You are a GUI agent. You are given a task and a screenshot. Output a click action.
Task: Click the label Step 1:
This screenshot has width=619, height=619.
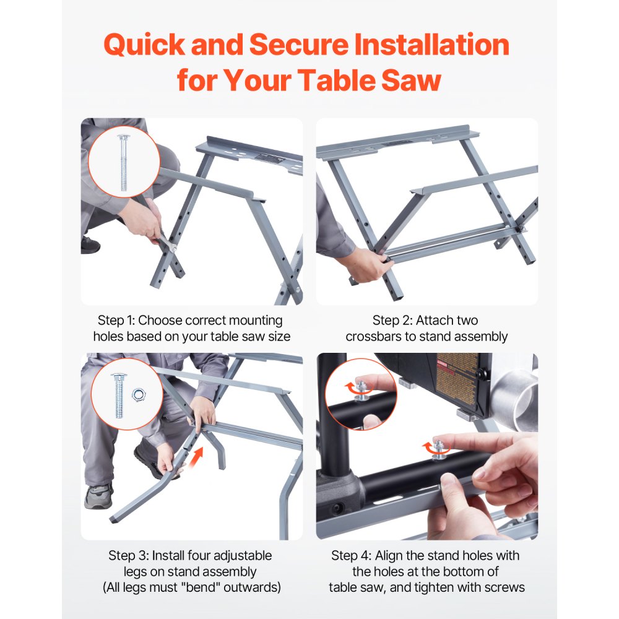pos(116,321)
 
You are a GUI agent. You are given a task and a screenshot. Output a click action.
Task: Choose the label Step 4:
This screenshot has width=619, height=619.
pos(352,555)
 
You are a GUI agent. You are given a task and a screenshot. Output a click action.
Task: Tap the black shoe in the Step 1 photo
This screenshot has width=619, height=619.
pos(90,245)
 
